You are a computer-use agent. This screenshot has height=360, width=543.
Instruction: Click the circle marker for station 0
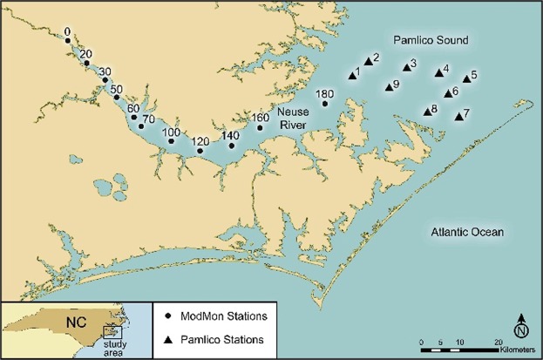click(68, 40)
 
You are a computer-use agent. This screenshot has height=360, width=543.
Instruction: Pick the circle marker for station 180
click(325, 104)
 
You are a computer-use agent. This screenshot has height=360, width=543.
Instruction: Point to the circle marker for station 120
click(200, 151)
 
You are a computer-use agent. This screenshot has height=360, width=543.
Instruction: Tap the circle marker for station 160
click(260, 128)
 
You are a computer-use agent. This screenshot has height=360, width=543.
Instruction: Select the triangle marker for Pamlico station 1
click(352, 76)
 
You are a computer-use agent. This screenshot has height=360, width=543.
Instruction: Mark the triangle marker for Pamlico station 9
click(389, 86)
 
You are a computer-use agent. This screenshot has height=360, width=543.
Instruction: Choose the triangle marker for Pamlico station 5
click(465, 78)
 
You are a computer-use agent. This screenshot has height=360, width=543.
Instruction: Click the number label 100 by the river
click(172, 132)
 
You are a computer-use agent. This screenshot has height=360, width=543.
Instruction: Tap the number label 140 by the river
click(231, 136)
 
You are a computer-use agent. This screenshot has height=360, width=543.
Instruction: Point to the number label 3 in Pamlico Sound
click(413, 63)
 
